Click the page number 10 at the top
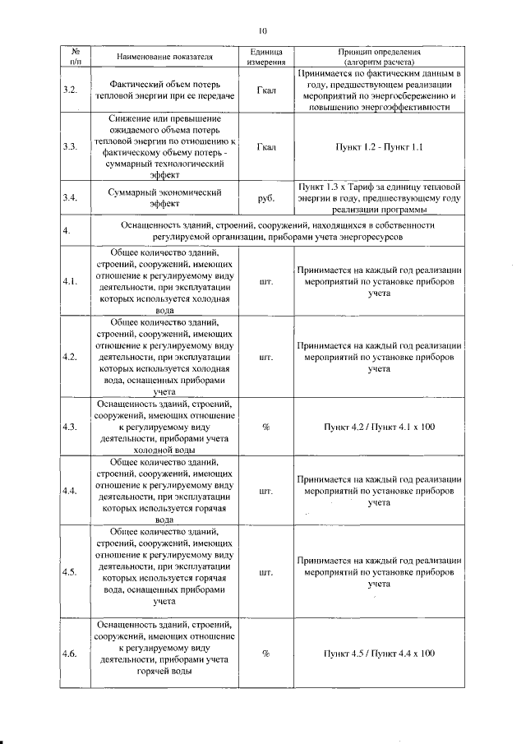[263, 30]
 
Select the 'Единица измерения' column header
[266, 56]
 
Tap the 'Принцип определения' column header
[379, 56]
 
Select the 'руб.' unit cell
[266, 198]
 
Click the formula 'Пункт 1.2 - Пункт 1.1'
[379, 147]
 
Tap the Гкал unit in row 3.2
[266, 90]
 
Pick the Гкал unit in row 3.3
[266, 147]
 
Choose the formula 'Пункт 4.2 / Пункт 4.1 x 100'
[379, 427]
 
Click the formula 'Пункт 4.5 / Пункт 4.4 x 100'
[379, 654]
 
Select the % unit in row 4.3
[266, 427]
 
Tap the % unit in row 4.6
[266, 654]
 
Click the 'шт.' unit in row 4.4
[266, 491]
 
